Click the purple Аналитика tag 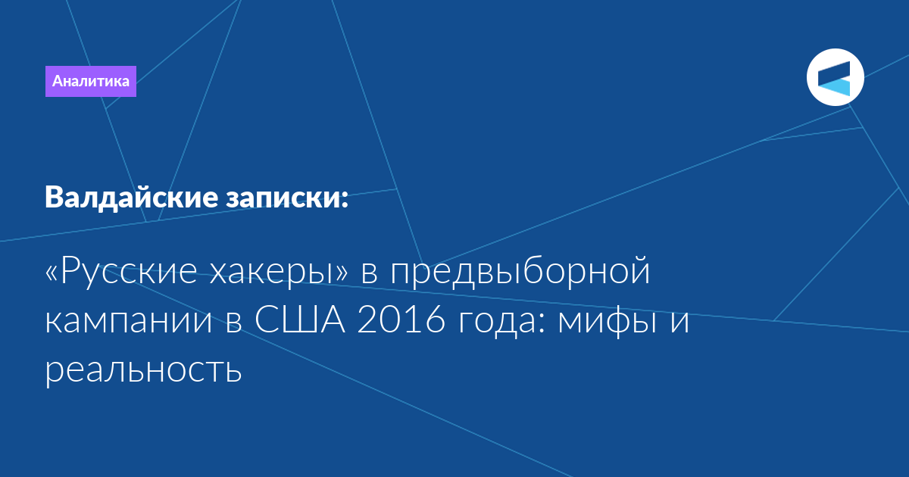tap(90, 81)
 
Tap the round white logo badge tap(835, 77)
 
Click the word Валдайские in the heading tap(132, 198)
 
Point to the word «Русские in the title tap(121, 271)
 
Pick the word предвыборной tap(520, 271)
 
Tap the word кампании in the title tap(128, 320)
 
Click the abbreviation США tap(300, 320)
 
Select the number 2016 tap(401, 320)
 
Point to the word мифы tap(607, 320)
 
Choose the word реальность tap(143, 370)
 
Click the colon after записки tap(344, 198)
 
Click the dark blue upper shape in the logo tap(834, 73)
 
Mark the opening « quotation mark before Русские tap(52, 274)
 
